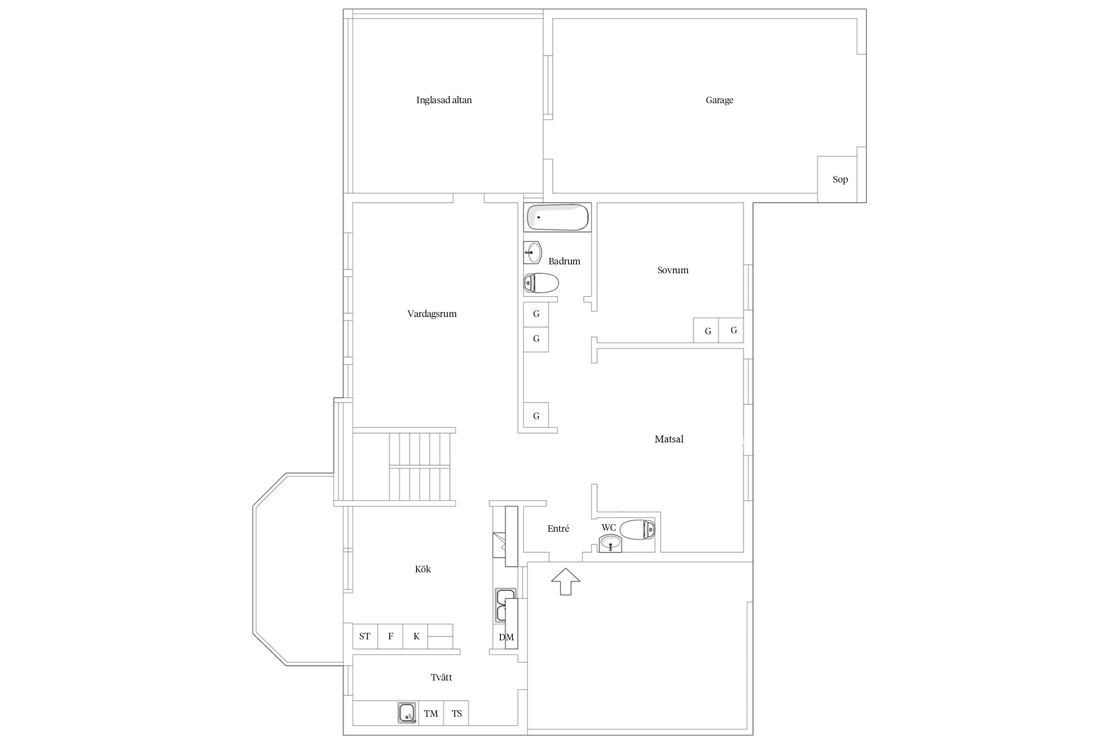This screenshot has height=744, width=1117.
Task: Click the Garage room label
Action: (719, 100)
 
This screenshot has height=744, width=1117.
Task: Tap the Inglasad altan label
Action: (444, 100)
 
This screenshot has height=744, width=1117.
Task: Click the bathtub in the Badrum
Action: (558, 217)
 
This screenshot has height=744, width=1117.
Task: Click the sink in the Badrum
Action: (532, 252)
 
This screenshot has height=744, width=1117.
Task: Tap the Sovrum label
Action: (673, 270)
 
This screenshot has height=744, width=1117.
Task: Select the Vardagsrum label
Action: (432, 314)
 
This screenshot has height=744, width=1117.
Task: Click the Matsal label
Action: (669, 439)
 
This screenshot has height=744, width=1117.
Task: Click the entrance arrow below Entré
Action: (565, 581)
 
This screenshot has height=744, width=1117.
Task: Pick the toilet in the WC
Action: (637, 529)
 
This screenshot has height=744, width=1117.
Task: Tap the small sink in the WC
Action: (610, 544)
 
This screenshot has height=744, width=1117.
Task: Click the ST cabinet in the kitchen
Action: (365, 636)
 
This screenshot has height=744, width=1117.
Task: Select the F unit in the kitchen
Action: (391, 636)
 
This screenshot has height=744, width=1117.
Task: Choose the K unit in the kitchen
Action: (416, 636)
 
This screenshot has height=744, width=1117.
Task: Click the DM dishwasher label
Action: (506, 637)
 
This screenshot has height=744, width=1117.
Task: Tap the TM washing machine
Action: (431, 713)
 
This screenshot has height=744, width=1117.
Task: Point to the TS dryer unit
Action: (456, 713)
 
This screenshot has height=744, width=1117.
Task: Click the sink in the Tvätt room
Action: (407, 713)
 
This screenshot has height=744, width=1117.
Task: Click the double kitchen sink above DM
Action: (505, 605)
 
